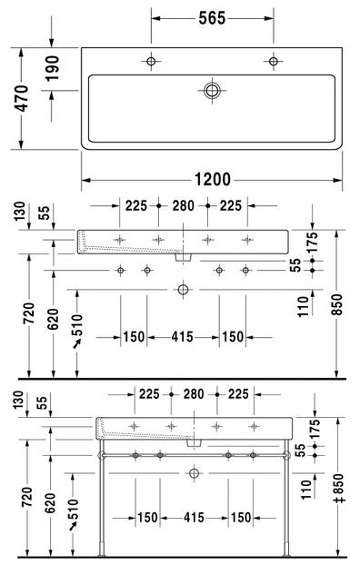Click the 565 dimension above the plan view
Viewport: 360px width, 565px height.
(x=213, y=19)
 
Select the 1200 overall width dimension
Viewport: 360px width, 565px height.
(x=211, y=178)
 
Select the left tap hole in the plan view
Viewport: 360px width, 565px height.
(x=152, y=62)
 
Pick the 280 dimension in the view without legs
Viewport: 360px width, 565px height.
(x=184, y=206)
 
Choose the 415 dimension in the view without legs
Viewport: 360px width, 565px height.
(x=184, y=337)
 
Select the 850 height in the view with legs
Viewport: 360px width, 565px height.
(x=337, y=491)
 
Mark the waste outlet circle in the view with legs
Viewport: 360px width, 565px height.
(x=194, y=473)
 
